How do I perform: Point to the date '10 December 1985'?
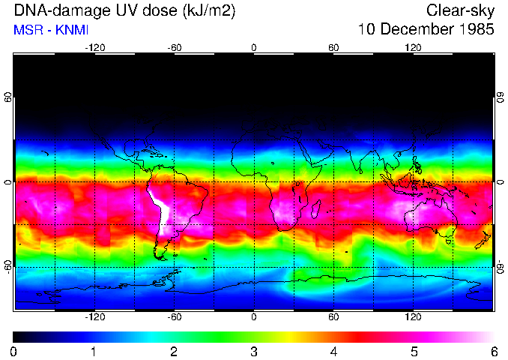coord(426,30)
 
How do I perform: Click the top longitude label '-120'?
coord(94,47)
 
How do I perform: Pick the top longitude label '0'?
coord(254,47)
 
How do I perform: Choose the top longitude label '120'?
coord(413,47)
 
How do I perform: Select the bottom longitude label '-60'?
coord(174,317)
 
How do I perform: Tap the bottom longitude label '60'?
coord(333,317)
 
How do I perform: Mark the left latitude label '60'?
coord(8,97)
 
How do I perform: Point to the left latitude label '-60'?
coord(8,267)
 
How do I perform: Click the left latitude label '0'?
coord(8,182)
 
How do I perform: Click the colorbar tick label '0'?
coord(14,351)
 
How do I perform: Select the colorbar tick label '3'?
coord(254,351)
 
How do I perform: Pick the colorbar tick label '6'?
coord(493,351)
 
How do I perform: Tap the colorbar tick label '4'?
coord(333,351)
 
